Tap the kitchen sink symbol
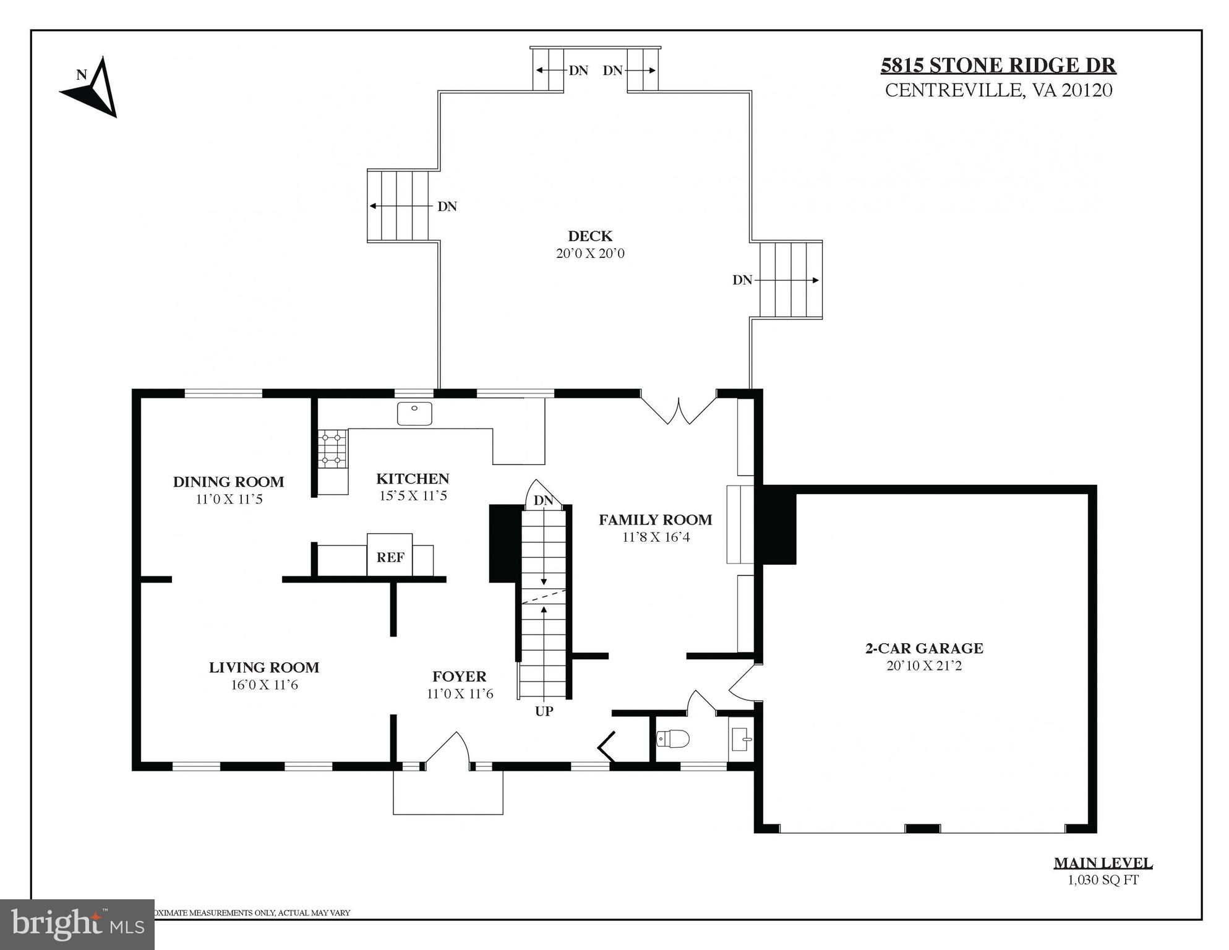pyautogui.click(x=414, y=413)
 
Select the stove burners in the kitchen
pyautogui.click(x=332, y=448)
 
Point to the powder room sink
pyautogui.click(x=742, y=738)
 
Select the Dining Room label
pyautogui.click(x=228, y=481)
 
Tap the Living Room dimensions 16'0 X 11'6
pyautogui.click(x=264, y=685)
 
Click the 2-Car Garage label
pyautogui.click(x=923, y=648)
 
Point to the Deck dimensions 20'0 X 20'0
pyautogui.click(x=590, y=253)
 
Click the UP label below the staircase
pyautogui.click(x=544, y=711)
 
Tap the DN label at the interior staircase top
pyautogui.click(x=543, y=500)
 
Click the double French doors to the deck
pyautogui.click(x=679, y=410)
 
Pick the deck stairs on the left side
pyautogui.click(x=399, y=205)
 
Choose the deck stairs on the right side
pyautogui.click(x=790, y=280)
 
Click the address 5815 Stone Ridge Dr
pyautogui.click(x=998, y=65)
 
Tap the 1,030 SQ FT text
pyautogui.click(x=1103, y=879)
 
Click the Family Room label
pyautogui.click(x=655, y=520)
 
